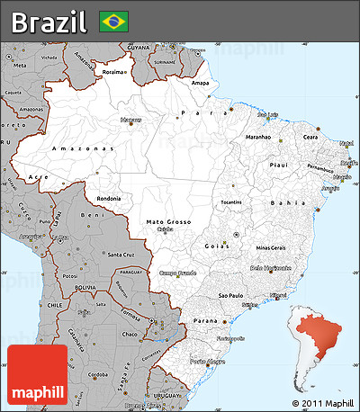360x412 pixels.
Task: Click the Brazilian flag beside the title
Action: pos(113,20)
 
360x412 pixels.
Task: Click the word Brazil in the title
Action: pos(50,20)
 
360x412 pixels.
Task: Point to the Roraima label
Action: pos(115,70)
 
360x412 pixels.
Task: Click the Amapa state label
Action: pos(201,84)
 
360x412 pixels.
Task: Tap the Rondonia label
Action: pos(109,199)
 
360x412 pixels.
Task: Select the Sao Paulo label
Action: pos(231,294)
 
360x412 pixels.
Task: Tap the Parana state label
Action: pos(207,320)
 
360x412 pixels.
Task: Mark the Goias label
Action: pos(215,245)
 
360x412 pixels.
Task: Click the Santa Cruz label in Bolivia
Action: pos(121,255)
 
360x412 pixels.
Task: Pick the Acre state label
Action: pos(36,177)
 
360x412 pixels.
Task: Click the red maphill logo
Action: pos(37,373)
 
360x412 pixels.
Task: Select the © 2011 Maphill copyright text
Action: pos(322,402)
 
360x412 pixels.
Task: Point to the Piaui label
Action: pos(279,165)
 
